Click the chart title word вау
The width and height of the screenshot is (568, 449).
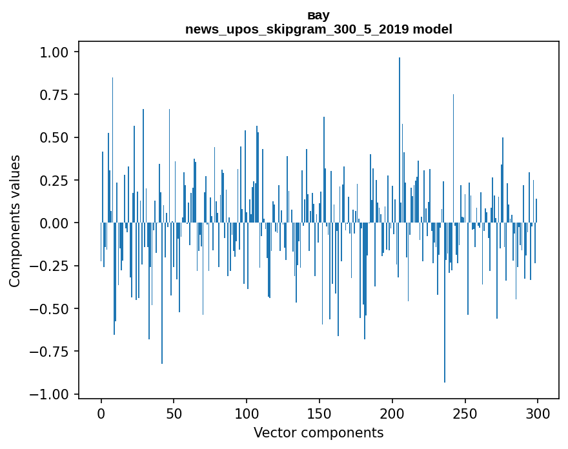pyautogui.click(x=318, y=15)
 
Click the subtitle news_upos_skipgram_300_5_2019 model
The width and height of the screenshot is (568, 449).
pyautogui.click(x=318, y=29)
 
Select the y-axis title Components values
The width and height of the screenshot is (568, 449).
pyautogui.click(x=15, y=221)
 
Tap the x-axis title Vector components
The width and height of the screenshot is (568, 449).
pyautogui.click(x=318, y=432)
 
